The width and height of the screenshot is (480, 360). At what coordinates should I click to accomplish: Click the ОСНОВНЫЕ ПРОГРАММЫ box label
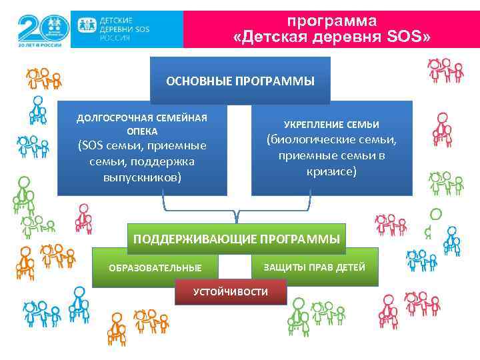(240, 81)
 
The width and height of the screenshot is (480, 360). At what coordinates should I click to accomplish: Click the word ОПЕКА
(142, 131)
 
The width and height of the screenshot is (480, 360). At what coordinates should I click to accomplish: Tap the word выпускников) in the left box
(142, 179)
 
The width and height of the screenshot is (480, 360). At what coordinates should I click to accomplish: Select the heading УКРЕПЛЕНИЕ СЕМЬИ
(331, 125)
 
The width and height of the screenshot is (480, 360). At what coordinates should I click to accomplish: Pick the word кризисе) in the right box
(331, 171)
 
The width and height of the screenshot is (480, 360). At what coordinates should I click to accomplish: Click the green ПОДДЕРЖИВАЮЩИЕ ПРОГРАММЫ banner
(237, 239)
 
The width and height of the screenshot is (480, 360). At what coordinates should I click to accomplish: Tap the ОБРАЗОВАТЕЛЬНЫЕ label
(155, 268)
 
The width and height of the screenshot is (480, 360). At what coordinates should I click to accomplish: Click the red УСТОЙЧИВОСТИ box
(231, 292)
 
